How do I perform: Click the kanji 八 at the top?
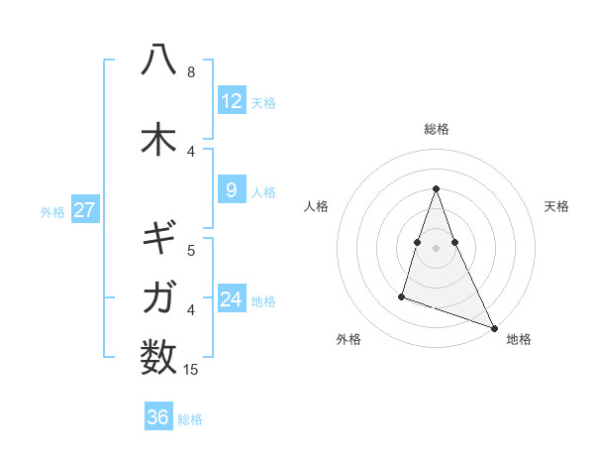(x=158, y=60)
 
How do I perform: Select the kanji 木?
(x=158, y=139)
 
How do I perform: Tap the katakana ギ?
(x=158, y=239)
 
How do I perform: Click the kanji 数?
(x=158, y=356)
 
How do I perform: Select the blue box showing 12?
(x=232, y=101)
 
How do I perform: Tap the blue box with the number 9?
(x=232, y=190)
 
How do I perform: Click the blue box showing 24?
(x=232, y=299)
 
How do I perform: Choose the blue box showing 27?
(x=85, y=210)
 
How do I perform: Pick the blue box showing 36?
(x=158, y=417)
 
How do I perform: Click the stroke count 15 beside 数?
(x=193, y=370)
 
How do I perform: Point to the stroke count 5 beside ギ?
(x=191, y=251)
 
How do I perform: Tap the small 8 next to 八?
(x=191, y=72)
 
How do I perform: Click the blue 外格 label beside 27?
(x=52, y=211)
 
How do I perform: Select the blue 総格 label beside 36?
(x=190, y=418)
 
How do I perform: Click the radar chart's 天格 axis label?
(x=556, y=206)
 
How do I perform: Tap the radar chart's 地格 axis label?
(x=519, y=339)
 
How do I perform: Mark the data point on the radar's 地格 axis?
(x=493, y=327)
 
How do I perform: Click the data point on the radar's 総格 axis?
(x=436, y=188)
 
